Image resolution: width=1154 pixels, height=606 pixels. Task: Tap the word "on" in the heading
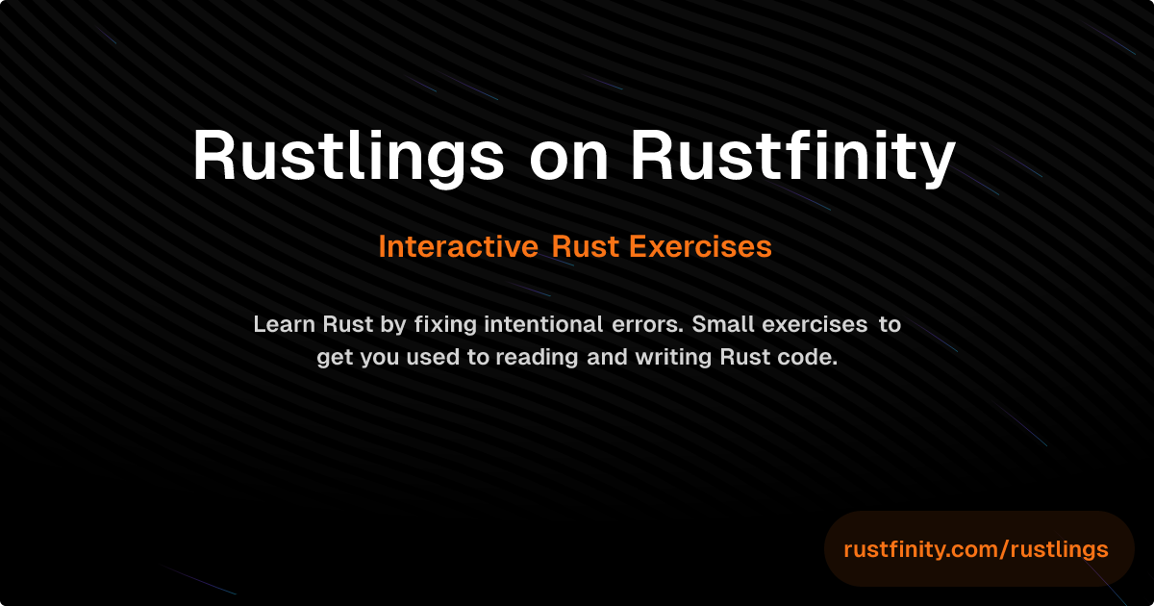point(568,155)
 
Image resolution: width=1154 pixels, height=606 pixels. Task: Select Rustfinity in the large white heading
point(793,155)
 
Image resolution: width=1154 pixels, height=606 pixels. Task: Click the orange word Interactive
point(458,247)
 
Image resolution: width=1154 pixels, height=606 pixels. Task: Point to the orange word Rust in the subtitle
point(587,247)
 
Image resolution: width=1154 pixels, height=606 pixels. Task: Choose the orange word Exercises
point(700,247)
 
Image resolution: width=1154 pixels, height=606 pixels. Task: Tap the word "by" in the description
point(393,325)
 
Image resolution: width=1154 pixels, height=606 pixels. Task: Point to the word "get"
point(335,358)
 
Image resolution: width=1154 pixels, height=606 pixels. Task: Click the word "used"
point(434,358)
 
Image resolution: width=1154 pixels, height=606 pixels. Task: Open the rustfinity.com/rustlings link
point(976,549)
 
